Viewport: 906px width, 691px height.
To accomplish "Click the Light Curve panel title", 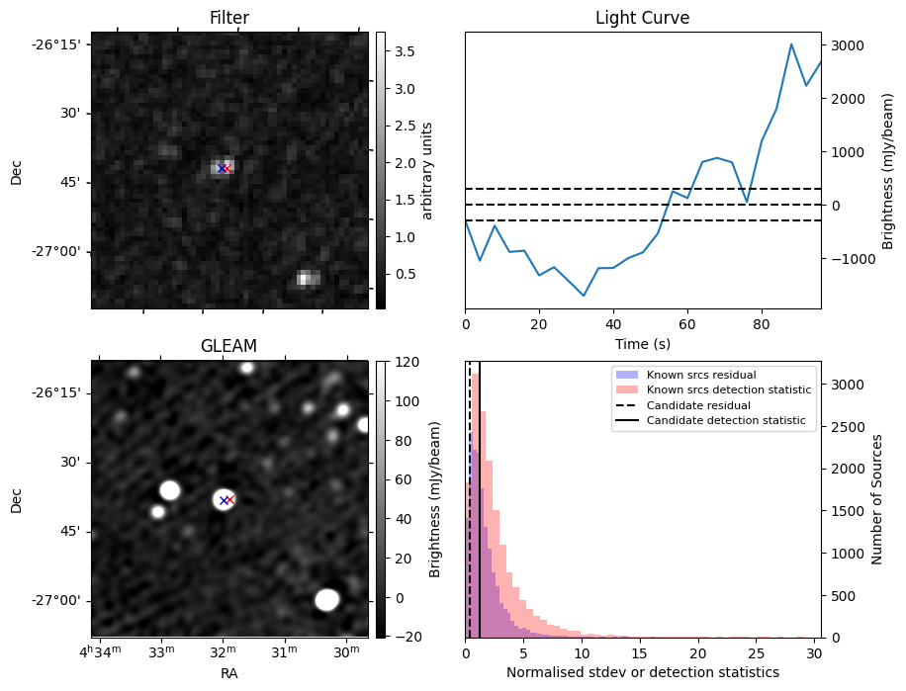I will pos(642,18).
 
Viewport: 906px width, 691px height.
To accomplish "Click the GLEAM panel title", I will pos(229,345).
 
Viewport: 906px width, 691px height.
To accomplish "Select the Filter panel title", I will pos(229,18).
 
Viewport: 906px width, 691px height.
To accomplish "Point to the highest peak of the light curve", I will pos(791,44).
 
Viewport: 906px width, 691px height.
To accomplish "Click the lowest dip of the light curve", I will pos(584,296).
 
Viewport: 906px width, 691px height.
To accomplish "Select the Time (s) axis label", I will pos(642,342).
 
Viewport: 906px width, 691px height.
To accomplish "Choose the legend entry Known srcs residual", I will pos(701,375).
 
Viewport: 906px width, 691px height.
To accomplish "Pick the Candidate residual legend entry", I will pos(698,405).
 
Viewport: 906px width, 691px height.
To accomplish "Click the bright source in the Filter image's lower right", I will pos(308,278).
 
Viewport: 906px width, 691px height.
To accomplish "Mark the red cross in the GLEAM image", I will pos(229,500).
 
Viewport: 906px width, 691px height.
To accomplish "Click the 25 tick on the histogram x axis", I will pos(758,653).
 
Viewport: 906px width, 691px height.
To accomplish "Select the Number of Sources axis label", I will pos(878,499).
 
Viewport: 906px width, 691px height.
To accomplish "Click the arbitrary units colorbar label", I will pos(427,170).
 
